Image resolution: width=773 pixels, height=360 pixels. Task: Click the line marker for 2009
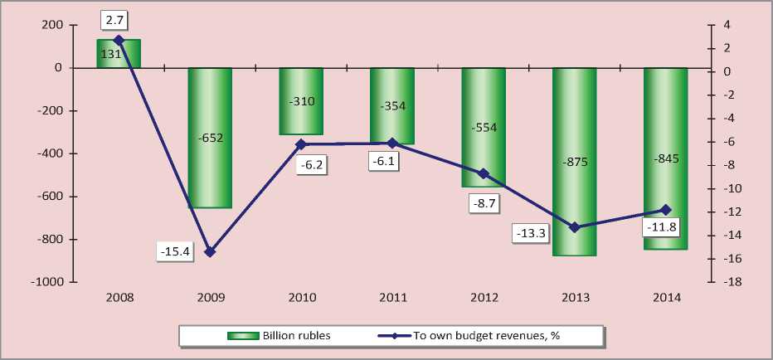pyautogui.click(x=210, y=251)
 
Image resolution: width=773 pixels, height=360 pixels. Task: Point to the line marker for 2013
pyautogui.click(x=575, y=227)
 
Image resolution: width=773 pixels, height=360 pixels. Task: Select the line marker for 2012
pyautogui.click(x=484, y=173)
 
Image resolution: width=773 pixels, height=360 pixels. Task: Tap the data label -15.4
pyautogui.click(x=174, y=250)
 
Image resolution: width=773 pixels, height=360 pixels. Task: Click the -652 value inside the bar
pyautogui.click(x=210, y=138)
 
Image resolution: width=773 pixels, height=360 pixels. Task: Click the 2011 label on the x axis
pyautogui.click(x=392, y=297)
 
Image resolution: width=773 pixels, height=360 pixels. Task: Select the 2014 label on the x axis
pyautogui.click(x=666, y=297)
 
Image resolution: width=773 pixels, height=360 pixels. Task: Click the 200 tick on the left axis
pyautogui.click(x=52, y=25)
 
